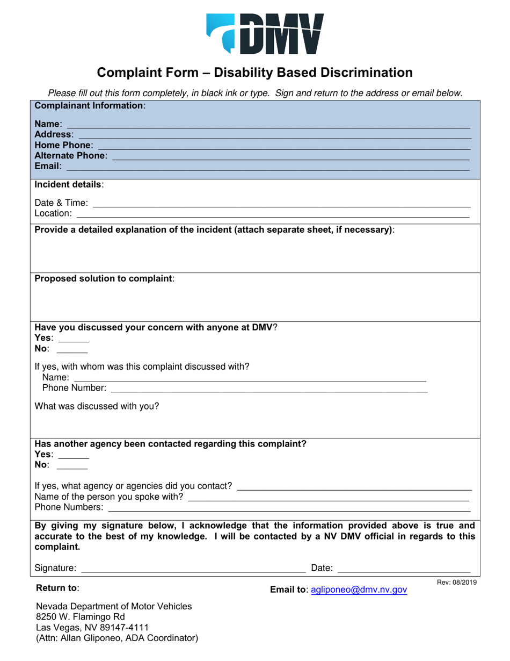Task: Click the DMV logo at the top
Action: point(265,33)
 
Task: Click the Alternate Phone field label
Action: point(70,155)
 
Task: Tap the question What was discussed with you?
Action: point(97,406)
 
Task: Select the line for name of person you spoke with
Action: point(329,497)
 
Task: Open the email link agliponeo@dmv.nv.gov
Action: point(359,590)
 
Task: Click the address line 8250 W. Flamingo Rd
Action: point(81,617)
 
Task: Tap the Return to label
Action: point(57,588)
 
